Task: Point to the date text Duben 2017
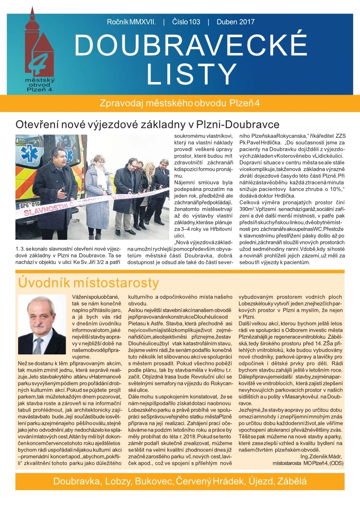click(x=236, y=21)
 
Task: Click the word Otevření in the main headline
click(x=36, y=124)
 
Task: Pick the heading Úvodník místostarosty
click(x=88, y=283)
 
